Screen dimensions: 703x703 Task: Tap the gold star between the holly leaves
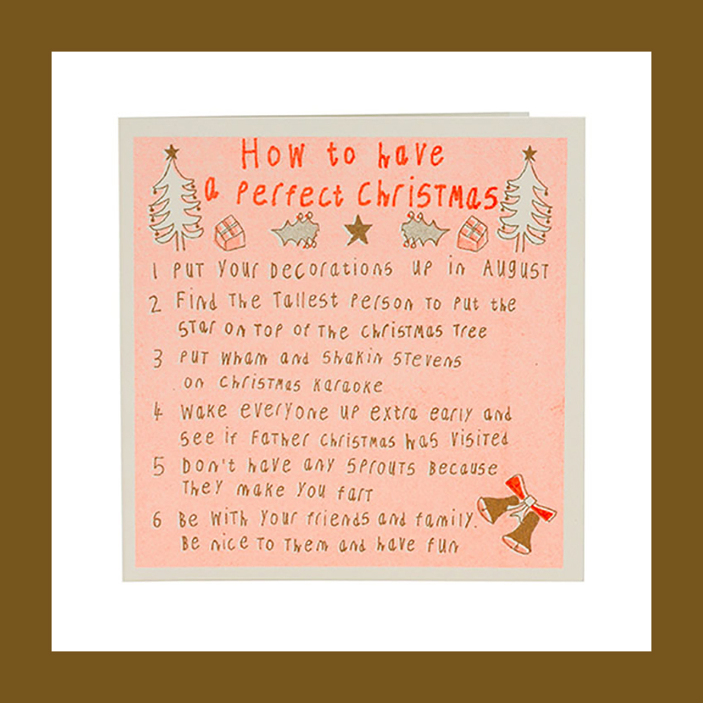(358, 230)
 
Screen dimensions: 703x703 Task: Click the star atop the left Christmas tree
(171, 152)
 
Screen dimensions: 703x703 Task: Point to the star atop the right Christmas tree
(529, 153)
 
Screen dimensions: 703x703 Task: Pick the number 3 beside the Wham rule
(158, 359)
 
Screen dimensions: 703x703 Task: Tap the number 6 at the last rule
(157, 520)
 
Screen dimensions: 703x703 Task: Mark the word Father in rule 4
(280, 439)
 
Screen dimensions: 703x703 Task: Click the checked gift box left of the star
(230, 233)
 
